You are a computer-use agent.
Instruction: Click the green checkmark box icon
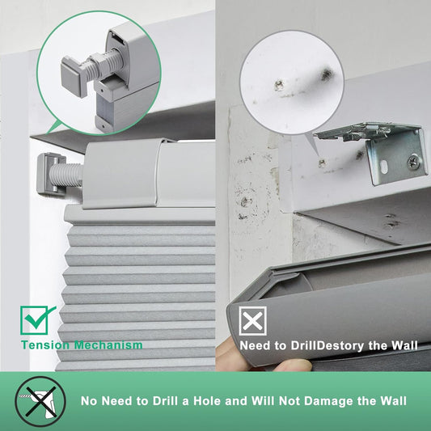tap(36, 319)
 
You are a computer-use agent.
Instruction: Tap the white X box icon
tap(253, 321)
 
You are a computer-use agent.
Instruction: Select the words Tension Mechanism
tap(82, 345)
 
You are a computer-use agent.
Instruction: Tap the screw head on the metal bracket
tap(412, 162)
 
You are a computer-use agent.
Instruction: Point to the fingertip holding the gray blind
tap(290, 366)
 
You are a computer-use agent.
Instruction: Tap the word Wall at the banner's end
tap(391, 401)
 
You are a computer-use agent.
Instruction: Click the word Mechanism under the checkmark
tap(108, 345)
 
